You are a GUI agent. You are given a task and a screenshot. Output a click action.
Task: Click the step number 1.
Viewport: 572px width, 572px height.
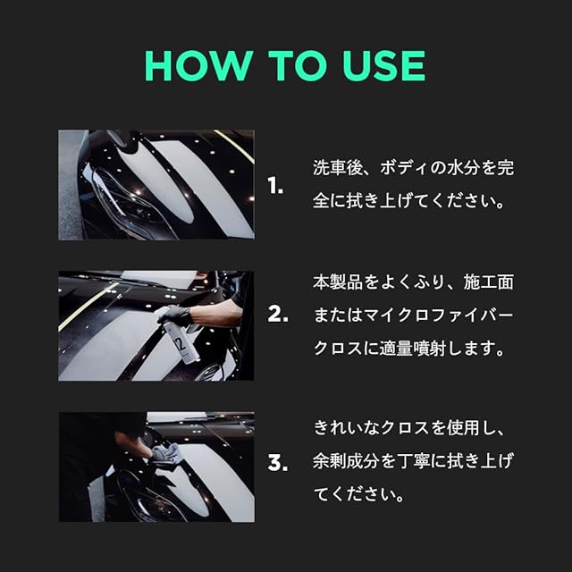[x=275, y=186]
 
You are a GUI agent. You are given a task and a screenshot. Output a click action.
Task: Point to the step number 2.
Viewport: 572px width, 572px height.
[x=278, y=314]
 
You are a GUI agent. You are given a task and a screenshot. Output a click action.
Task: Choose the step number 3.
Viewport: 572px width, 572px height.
[x=278, y=463]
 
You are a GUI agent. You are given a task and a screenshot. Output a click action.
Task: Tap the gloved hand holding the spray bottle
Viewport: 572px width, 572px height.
[x=175, y=315]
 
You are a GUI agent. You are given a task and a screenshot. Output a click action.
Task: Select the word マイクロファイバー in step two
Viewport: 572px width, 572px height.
[x=439, y=315]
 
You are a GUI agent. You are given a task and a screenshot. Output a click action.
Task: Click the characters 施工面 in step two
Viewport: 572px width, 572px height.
[x=489, y=282]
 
